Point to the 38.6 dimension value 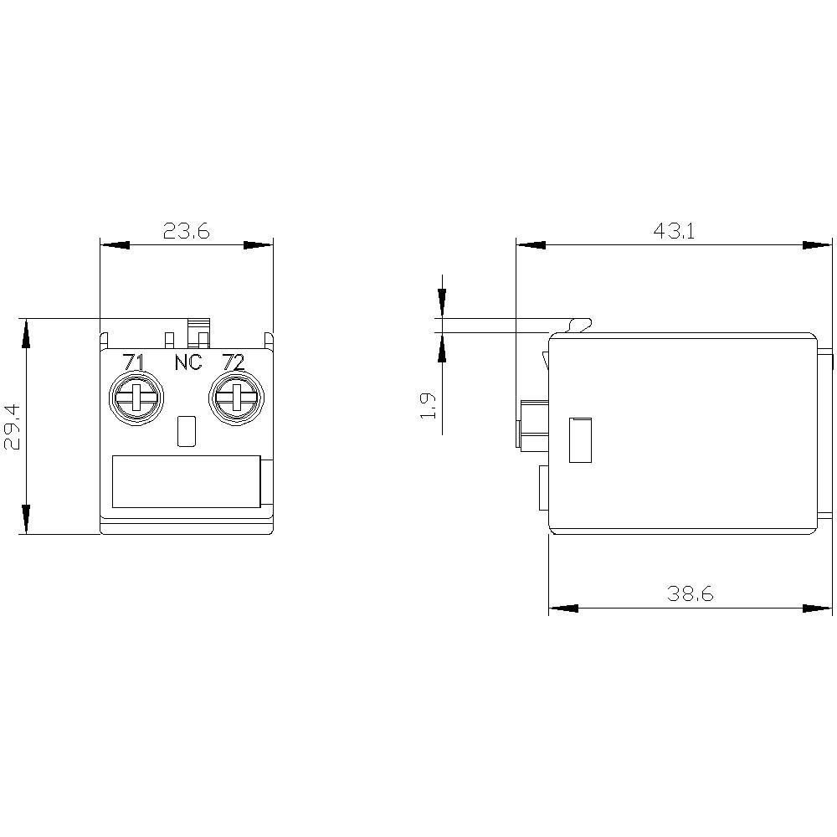(690, 594)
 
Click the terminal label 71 (132, 362)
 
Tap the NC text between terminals (187, 363)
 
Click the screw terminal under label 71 (135, 397)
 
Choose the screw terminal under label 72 (234, 397)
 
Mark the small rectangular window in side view (580, 440)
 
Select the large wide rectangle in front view (186, 481)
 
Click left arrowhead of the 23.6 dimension (115, 245)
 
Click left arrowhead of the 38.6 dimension (563, 608)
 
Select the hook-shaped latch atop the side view (579, 323)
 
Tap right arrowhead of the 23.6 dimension (259, 245)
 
